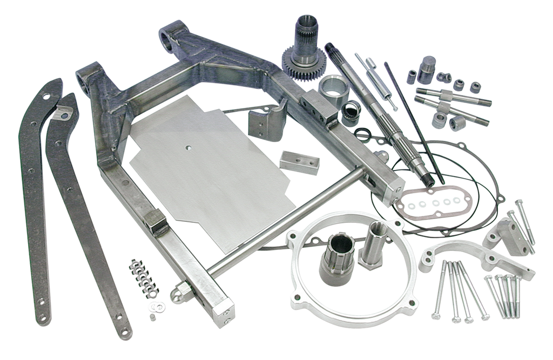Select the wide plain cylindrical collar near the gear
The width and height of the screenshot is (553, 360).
[332, 89]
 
